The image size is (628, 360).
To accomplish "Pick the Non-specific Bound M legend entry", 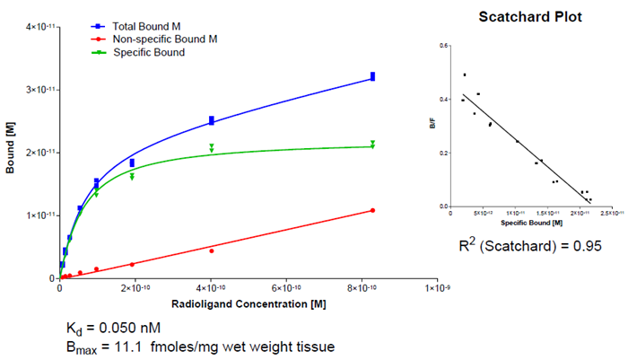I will (x=165, y=40).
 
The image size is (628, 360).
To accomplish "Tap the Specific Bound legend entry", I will (x=149, y=52).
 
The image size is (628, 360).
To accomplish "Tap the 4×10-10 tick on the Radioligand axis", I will (x=211, y=288).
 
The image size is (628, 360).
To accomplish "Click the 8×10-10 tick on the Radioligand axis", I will (x=362, y=288).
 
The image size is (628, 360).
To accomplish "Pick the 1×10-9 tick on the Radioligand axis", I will (x=437, y=288).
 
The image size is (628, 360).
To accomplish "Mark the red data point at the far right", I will (x=372, y=210).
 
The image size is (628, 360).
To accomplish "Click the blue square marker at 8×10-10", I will (x=372, y=76).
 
